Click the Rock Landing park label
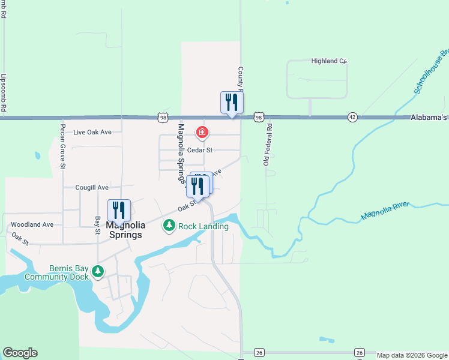click(x=203, y=226)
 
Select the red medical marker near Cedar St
click(x=202, y=132)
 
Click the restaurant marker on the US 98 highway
click(x=232, y=103)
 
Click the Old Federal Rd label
click(x=268, y=145)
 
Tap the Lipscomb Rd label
click(x=4, y=93)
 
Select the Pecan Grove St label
click(x=62, y=147)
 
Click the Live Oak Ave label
click(x=92, y=132)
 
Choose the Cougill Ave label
click(x=92, y=187)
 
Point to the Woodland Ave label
click(x=32, y=224)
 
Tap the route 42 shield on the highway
click(x=352, y=117)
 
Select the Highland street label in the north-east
click(x=329, y=61)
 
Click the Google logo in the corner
click(x=20, y=353)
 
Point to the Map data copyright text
click(x=412, y=355)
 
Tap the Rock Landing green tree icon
click(x=169, y=226)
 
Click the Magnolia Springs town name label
click(x=125, y=230)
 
